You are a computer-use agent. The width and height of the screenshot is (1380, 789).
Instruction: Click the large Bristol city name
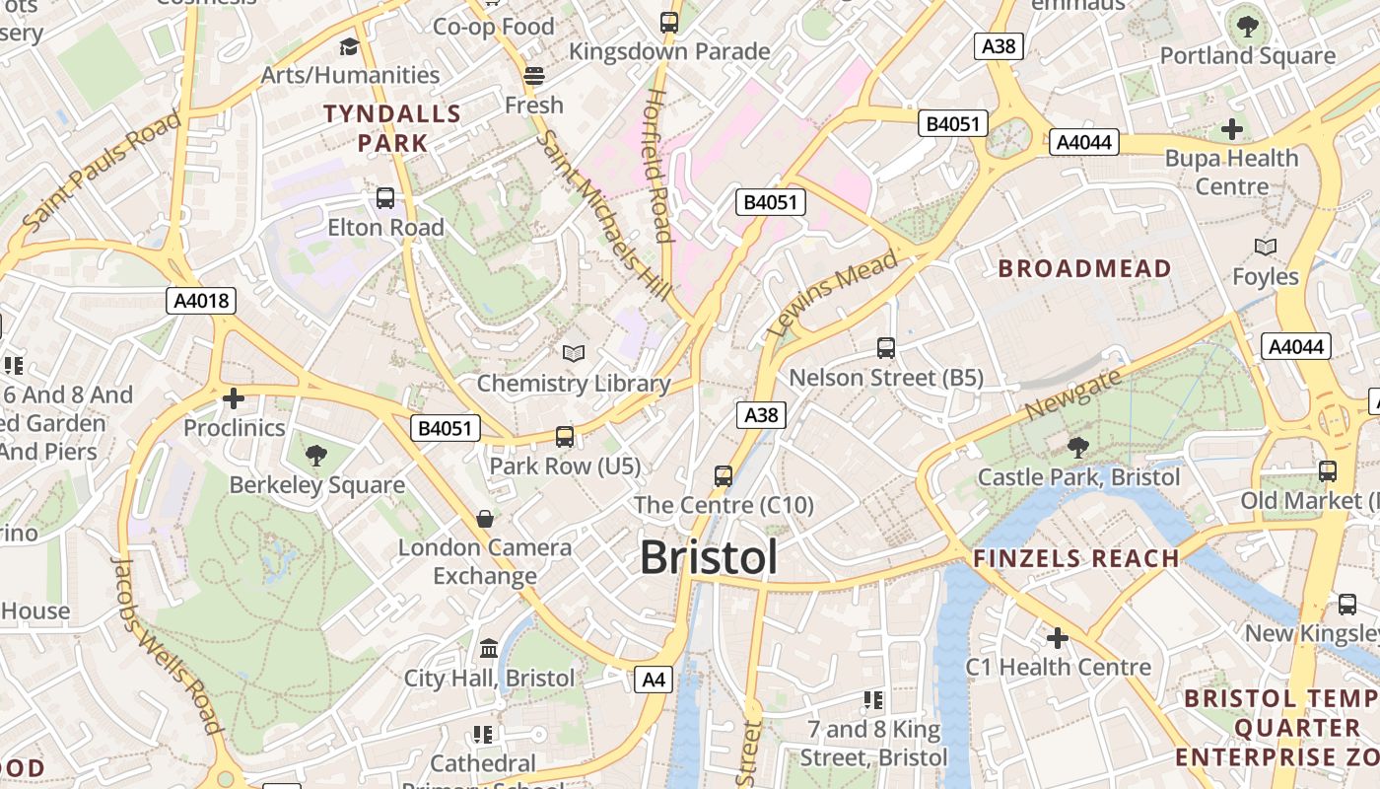point(708,557)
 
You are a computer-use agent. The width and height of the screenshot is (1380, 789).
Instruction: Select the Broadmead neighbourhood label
point(1084,268)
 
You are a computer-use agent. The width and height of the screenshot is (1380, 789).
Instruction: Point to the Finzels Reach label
point(1076,558)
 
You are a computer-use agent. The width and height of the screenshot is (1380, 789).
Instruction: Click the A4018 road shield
point(201,301)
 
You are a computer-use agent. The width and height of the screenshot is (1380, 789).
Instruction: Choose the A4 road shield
point(654,679)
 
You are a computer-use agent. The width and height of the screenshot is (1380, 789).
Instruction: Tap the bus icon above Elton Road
point(385,198)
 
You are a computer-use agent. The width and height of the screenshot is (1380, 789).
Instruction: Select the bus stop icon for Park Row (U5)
point(565,436)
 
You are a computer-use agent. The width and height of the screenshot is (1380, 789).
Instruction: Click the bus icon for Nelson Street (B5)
point(886,347)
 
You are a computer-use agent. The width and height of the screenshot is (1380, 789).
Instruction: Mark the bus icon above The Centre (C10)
point(724,476)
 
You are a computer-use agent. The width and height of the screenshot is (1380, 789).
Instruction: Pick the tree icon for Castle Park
point(1078,448)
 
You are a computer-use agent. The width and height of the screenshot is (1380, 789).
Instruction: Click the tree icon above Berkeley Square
point(316,455)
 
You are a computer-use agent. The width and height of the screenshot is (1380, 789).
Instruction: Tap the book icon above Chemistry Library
point(574,353)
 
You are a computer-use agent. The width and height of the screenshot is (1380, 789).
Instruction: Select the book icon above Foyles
point(1266,247)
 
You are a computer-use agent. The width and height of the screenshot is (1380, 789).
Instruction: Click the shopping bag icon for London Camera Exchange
point(485,518)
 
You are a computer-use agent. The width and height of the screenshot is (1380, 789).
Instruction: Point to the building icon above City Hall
point(489,648)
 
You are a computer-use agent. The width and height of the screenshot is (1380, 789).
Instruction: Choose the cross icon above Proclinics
point(234,398)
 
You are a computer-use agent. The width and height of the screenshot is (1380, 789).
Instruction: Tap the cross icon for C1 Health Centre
point(1058,638)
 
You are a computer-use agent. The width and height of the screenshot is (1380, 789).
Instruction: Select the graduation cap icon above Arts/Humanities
point(349,46)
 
